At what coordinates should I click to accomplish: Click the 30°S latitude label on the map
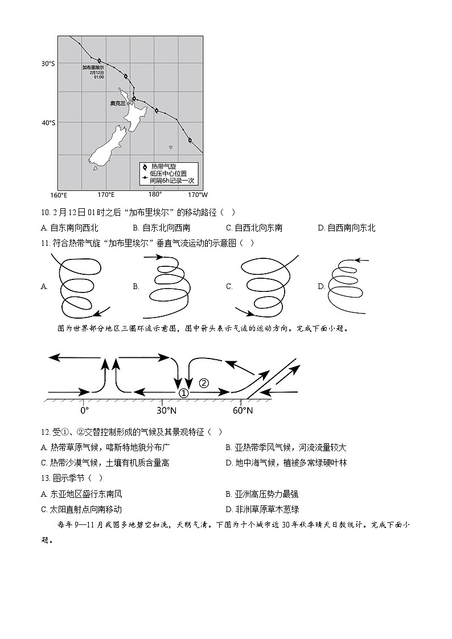click(x=48, y=64)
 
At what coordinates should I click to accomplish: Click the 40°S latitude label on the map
click(x=48, y=122)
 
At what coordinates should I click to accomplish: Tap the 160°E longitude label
click(x=59, y=195)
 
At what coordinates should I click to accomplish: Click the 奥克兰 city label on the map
click(x=118, y=104)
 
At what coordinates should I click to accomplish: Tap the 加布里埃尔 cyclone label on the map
click(x=93, y=67)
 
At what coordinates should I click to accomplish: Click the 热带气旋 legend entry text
click(x=163, y=166)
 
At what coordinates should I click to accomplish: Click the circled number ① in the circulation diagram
click(x=183, y=393)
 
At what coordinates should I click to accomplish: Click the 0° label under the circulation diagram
click(x=84, y=410)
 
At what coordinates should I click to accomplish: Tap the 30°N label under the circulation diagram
click(x=166, y=410)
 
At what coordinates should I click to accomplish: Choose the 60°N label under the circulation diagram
click(x=243, y=410)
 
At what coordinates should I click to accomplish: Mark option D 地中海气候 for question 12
click(x=286, y=463)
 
